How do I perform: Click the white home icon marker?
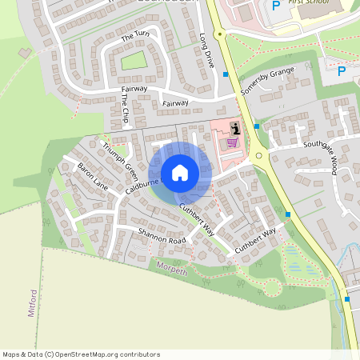point(180,172)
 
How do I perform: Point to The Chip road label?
point(125,108)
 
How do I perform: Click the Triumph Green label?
point(120,157)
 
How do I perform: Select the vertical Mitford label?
point(33,303)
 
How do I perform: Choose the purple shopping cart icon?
point(232,142)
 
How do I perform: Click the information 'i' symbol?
point(234,128)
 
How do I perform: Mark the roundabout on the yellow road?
point(258,156)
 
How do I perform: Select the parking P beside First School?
point(276,6)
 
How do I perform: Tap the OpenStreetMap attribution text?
point(81,354)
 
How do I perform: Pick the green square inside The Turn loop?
point(134,61)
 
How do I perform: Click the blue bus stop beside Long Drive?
point(226,74)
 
